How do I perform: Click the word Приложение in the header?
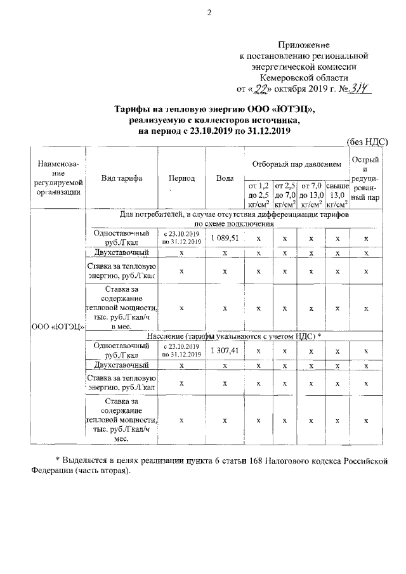(x=304, y=45)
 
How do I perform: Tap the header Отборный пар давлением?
(x=296, y=164)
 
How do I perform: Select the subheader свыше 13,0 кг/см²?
(x=337, y=195)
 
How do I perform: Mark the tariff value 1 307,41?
(x=225, y=350)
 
